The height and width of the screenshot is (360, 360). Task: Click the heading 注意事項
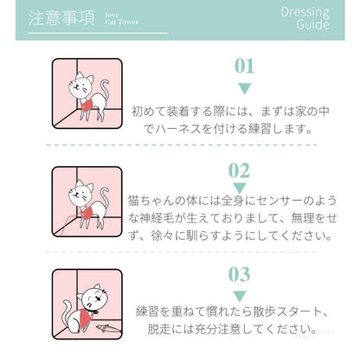coord(61,18)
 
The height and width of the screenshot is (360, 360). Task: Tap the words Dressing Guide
coord(305,18)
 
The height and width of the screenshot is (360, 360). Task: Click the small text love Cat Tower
coord(121,18)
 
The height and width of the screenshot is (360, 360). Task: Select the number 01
coord(244,66)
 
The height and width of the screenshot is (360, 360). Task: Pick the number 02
coord(239,170)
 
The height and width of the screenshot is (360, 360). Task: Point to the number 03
coord(239,274)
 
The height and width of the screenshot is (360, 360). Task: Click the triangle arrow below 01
coord(244,88)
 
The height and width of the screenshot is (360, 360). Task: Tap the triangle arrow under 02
coord(240,188)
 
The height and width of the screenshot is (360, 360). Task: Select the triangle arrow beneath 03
coord(240,296)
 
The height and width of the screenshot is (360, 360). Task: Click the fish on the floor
coord(108,328)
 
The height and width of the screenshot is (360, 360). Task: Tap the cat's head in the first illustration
coord(80,84)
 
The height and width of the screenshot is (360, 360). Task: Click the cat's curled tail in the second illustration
coord(104,198)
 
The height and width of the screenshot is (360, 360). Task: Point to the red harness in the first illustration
coord(87,106)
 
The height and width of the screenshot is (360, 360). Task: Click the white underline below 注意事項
coord(98,33)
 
